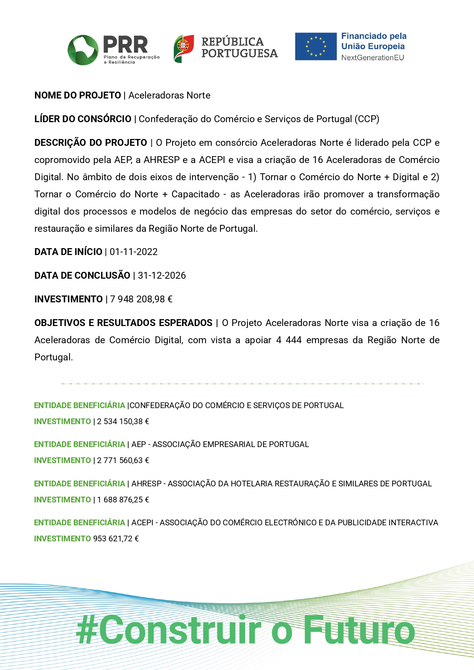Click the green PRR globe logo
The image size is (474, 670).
pos(83,50)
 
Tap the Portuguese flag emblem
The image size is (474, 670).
pos(184,48)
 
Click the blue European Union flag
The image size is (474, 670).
pos(315,47)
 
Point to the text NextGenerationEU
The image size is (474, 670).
pos(372,58)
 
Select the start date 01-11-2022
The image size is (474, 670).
pos(134,252)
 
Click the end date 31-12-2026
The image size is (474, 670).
pos(162,276)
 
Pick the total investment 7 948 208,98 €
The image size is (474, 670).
pos(141,299)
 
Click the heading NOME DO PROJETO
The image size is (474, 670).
pos(78,95)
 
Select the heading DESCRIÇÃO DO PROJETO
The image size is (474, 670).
pos(91,143)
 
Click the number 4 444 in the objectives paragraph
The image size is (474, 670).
pos(288,340)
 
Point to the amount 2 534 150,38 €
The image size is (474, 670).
pos(123,421)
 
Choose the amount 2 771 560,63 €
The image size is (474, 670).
pos(123,460)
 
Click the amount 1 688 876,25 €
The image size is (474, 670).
pos(123,500)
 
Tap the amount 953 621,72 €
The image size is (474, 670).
pos(116,539)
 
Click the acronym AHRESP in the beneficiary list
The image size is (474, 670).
pos(147,484)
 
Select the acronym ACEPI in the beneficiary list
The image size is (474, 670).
pos(142,523)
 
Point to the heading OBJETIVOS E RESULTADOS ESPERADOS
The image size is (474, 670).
pos(123,323)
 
